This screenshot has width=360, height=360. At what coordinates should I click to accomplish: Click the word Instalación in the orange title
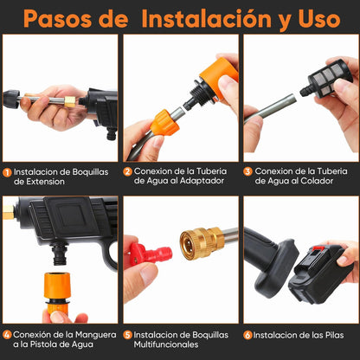[206, 18]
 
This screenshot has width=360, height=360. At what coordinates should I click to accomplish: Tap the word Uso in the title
[319, 19]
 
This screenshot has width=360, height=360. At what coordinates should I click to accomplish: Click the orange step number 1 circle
[7, 172]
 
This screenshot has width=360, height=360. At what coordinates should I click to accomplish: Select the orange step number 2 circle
[127, 171]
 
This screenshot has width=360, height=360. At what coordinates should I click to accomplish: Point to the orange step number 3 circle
[247, 171]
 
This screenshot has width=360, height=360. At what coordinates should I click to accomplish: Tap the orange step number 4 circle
[7, 335]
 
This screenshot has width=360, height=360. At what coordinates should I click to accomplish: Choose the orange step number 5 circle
[127, 335]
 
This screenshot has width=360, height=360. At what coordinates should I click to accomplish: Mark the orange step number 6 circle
[247, 335]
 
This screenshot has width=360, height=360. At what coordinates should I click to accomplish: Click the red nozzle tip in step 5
[151, 254]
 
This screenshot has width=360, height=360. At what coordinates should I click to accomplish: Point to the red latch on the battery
[318, 248]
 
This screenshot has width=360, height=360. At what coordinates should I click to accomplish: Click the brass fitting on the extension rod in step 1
[70, 101]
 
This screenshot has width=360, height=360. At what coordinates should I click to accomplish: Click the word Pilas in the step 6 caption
[335, 335]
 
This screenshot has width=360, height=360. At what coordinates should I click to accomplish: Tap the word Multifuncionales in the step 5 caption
[166, 344]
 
